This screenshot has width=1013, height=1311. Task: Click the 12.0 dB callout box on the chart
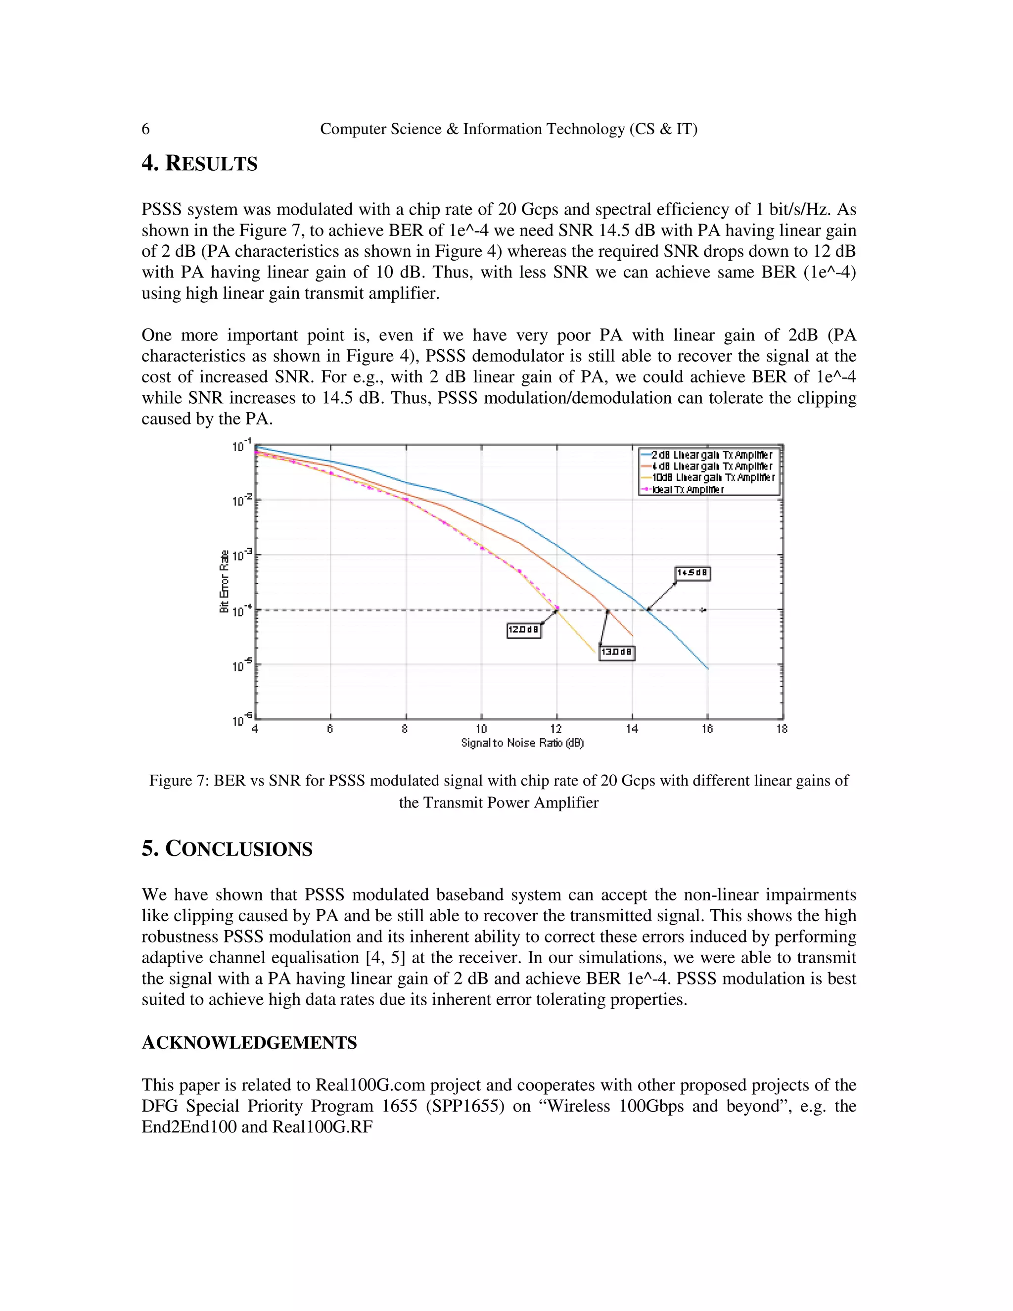point(523,630)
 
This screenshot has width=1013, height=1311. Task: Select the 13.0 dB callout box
point(617,653)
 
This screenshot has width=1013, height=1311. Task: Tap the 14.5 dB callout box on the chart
point(693,573)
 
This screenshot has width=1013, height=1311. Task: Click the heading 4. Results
point(199,163)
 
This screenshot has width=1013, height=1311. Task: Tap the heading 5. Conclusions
point(227,849)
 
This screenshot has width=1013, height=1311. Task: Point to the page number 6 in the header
point(145,129)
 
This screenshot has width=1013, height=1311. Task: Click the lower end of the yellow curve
point(594,652)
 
